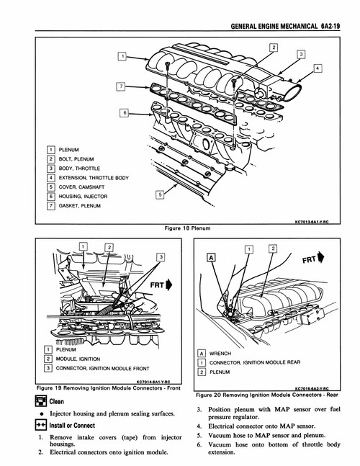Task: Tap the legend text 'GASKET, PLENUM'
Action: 81,205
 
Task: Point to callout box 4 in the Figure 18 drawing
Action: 318,68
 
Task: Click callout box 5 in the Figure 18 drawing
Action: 160,193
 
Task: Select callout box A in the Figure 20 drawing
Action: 211,256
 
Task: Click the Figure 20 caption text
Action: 266,395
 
